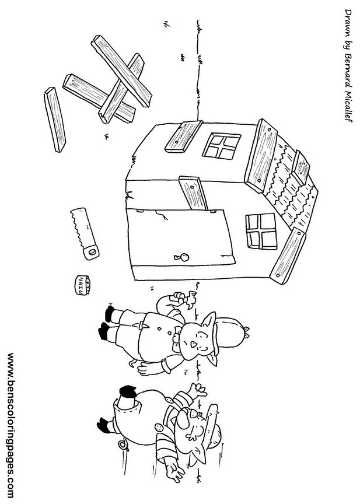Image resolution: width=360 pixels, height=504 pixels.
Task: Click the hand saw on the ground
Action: [x=84, y=233]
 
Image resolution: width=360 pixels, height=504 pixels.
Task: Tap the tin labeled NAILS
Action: [x=82, y=285]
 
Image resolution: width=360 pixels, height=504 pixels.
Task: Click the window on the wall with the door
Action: [x=261, y=232]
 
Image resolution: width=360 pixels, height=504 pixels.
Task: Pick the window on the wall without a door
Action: [x=222, y=146]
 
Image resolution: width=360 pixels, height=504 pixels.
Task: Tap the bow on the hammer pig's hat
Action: [x=247, y=332]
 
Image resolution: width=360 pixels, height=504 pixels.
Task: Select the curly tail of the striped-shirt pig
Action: [x=123, y=444]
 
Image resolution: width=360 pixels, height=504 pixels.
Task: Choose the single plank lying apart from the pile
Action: [x=55, y=120]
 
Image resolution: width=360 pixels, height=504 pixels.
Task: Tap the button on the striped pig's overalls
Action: [x=159, y=427]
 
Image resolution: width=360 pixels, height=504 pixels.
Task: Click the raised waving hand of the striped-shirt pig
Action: [x=198, y=390]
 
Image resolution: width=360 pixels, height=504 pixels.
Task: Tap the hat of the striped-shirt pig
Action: [x=214, y=426]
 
